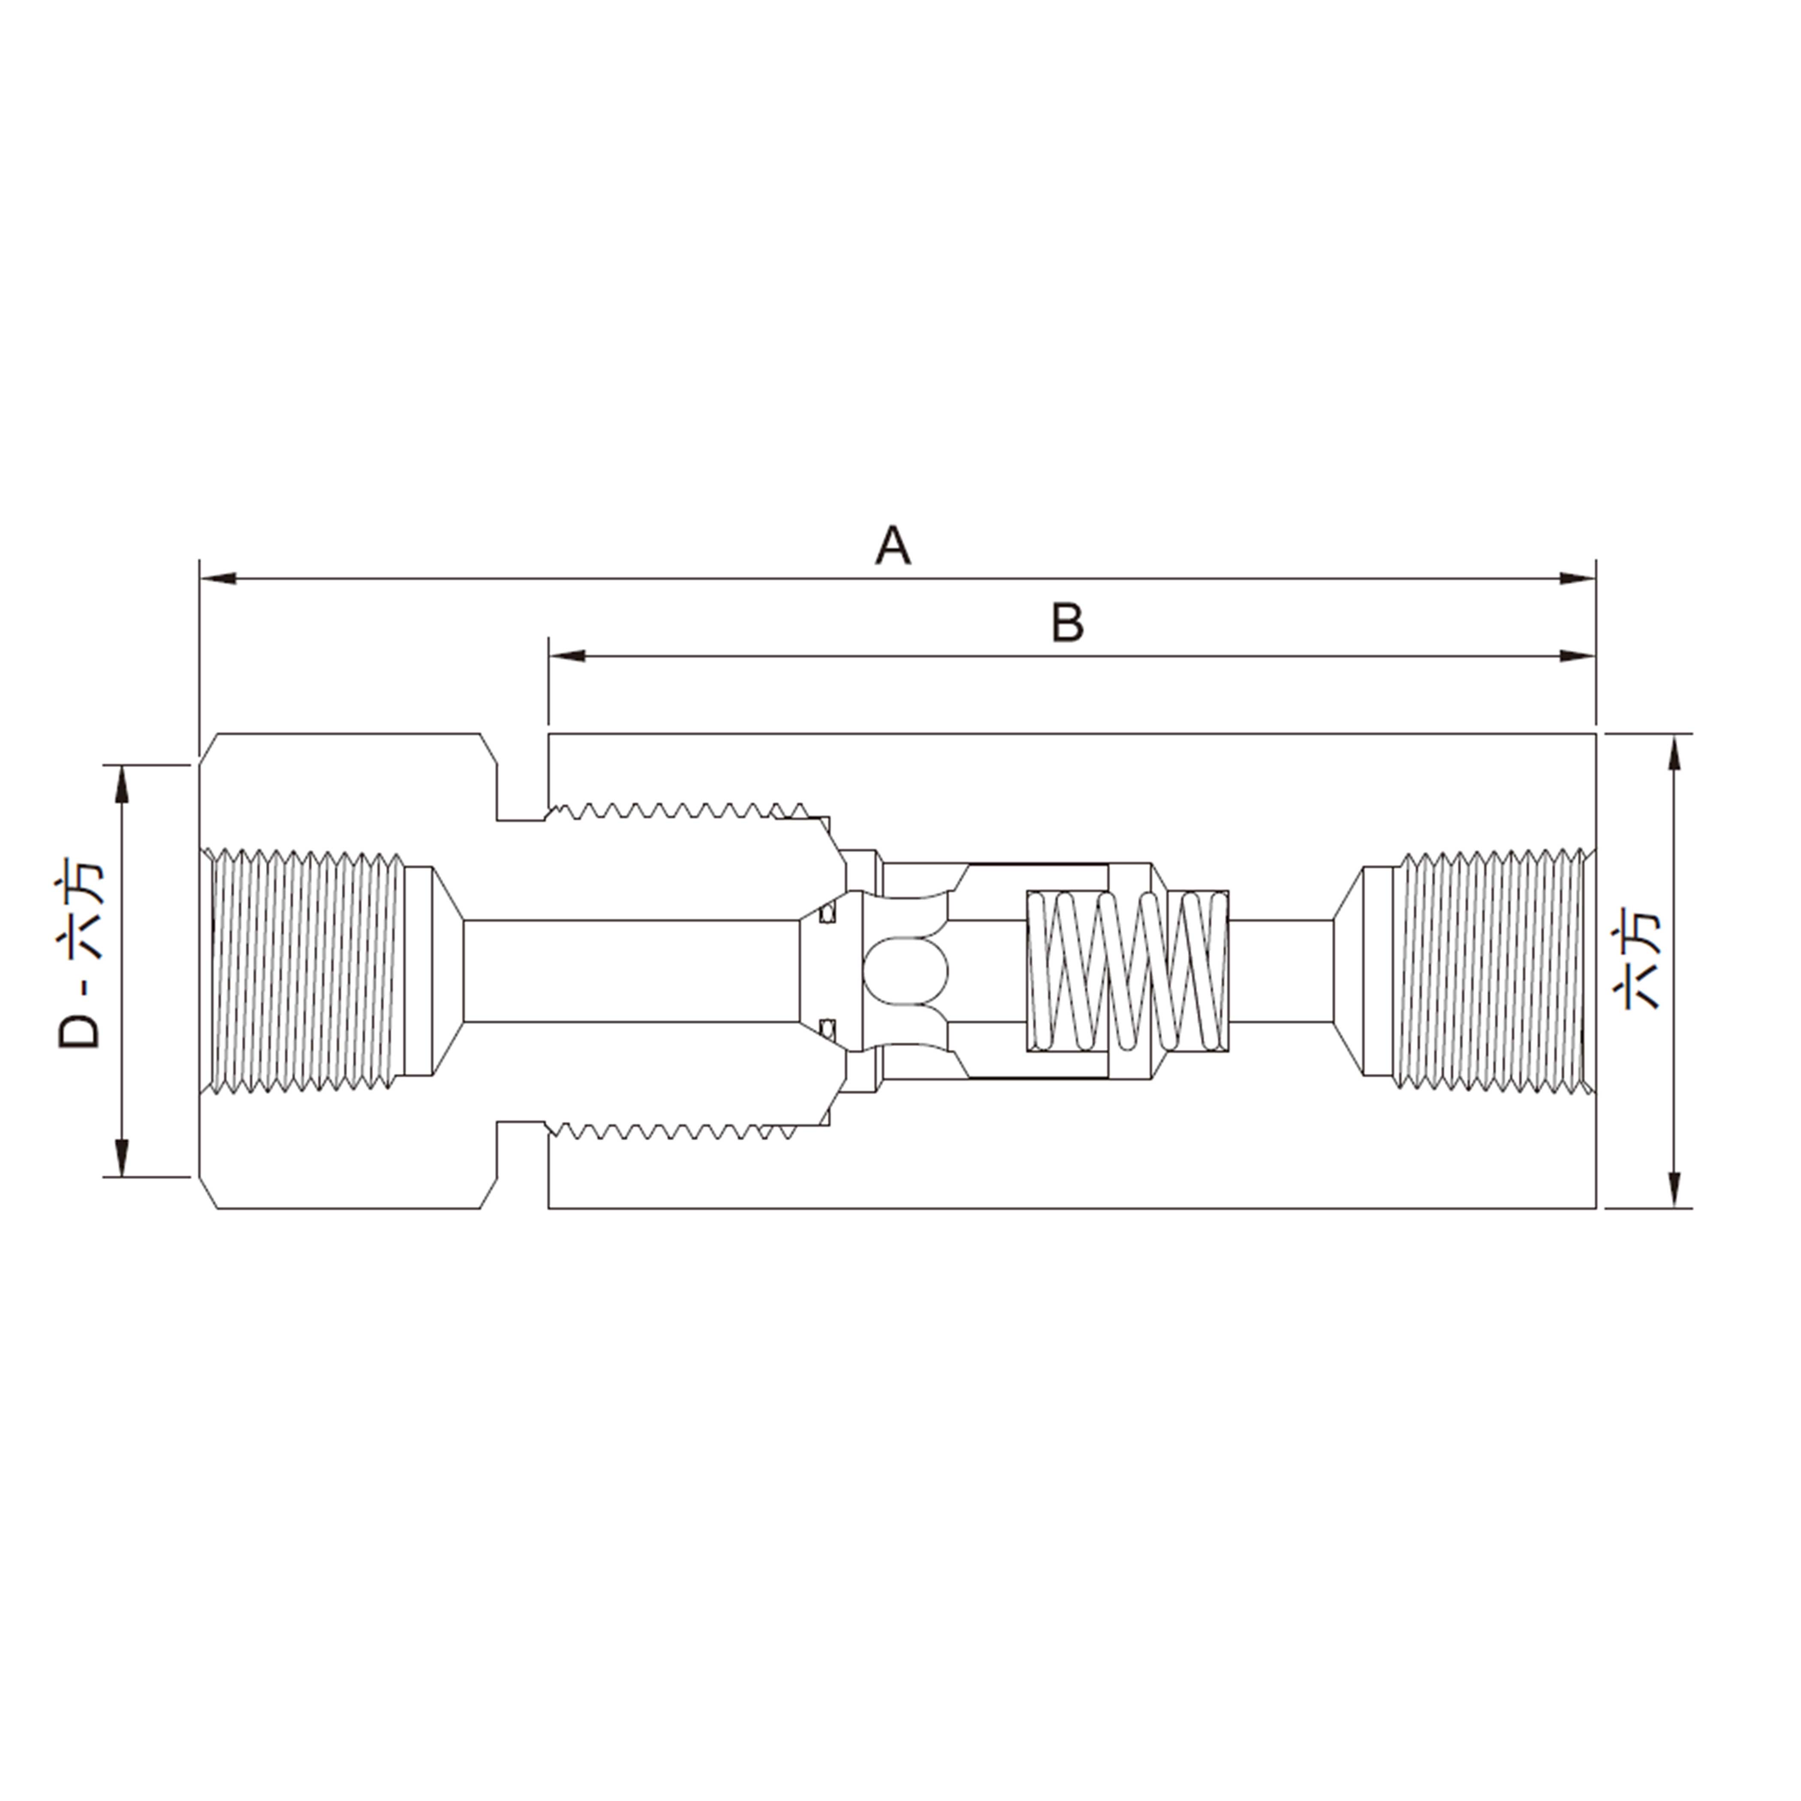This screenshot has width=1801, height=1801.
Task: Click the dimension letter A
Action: (x=892, y=546)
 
